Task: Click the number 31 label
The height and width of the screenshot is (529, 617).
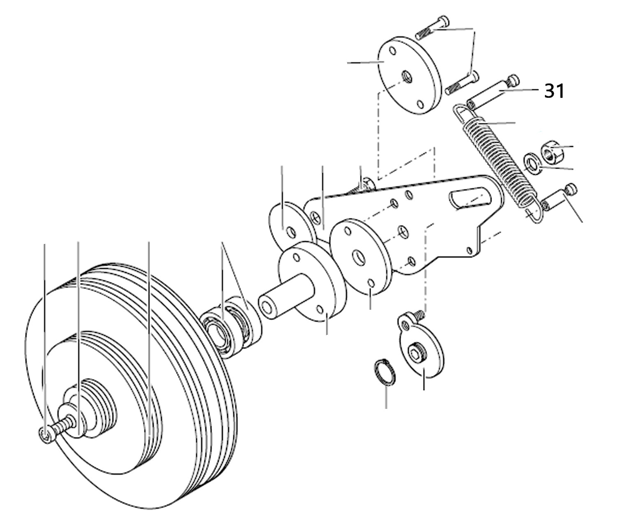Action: (554, 91)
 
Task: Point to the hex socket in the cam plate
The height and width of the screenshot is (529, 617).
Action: (414, 352)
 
